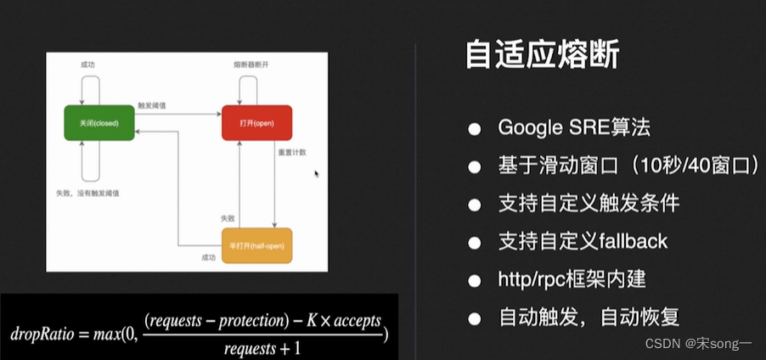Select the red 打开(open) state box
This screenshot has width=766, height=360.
click(x=256, y=123)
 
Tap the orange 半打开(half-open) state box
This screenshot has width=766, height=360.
click(x=256, y=246)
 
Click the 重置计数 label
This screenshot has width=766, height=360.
click(x=290, y=154)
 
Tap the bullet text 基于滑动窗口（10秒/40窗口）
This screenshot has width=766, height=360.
click(x=629, y=166)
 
